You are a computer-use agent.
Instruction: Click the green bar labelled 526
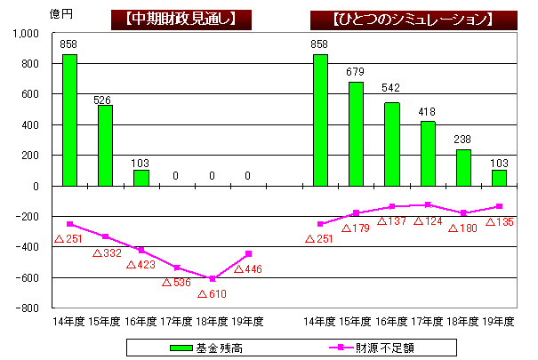pos(105,146)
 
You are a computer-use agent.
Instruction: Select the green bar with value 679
pos(356,133)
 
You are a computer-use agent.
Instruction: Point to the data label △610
pos(213,294)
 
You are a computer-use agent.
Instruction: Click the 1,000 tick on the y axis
pos(28,33)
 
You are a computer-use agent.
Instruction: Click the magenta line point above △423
pos(141,250)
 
